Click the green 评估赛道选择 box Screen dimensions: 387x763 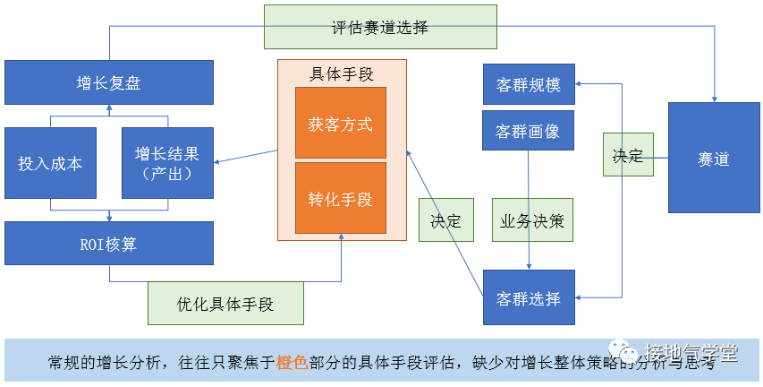tap(380, 27)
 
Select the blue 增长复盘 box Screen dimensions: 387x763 tap(109, 82)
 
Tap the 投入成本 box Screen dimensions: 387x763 tap(50, 163)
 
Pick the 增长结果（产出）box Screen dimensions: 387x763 tap(167, 163)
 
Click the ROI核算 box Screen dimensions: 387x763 tap(109, 243)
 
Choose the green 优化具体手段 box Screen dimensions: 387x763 tap(225, 304)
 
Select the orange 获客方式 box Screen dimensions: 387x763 tap(341, 124)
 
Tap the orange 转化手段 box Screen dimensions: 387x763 tap(341, 199)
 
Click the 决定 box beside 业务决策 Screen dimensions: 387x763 tap(445, 220)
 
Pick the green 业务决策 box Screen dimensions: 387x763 tap(532, 220)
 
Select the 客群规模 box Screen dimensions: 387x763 tap(528, 85)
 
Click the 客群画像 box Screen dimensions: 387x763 tap(528, 131)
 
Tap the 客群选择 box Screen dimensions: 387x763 tap(528, 297)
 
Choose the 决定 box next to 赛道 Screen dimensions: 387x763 tap(627, 155)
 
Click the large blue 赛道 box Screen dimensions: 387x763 tap(714, 159)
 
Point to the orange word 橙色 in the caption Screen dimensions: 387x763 tap(292, 363)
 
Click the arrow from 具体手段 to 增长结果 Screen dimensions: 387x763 tap(246, 157)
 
